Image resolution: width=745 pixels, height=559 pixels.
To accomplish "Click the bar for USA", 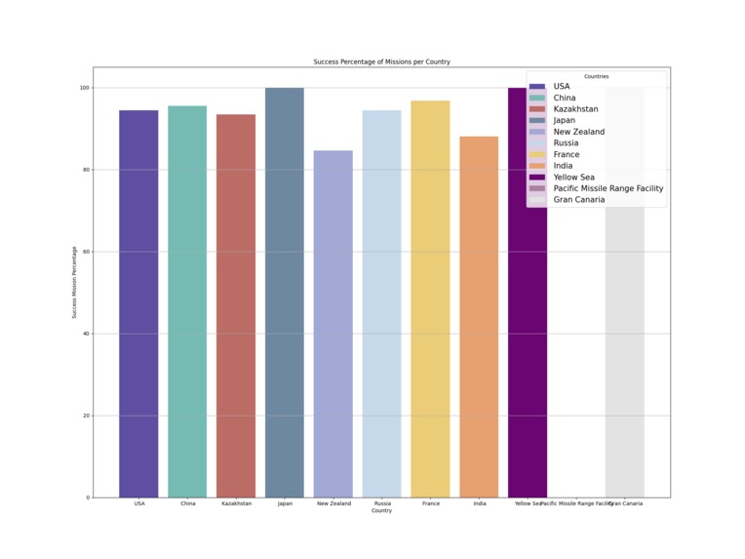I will [138, 303].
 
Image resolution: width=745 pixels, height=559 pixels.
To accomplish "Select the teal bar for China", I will [187, 301].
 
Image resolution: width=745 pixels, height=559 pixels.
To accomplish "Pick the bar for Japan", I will [285, 293].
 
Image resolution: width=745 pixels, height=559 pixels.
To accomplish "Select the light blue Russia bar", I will [382, 303].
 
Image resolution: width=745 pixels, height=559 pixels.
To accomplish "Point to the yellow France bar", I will [431, 299].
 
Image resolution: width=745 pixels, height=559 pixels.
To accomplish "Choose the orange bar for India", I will [479, 317].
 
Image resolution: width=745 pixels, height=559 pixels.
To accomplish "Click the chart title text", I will [381, 61].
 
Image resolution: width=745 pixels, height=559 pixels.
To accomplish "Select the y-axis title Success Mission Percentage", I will [74, 282].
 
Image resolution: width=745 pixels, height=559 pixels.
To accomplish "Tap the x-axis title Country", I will [381, 510].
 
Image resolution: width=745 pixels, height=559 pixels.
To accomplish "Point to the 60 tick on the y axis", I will [86, 252].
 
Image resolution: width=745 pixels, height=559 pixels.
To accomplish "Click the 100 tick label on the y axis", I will [84, 88].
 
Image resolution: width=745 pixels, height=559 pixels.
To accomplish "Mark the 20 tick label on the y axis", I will [86, 416].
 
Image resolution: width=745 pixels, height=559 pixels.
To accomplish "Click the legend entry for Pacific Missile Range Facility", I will [608, 188].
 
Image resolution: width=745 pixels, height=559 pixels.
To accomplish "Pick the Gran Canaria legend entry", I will [578, 200].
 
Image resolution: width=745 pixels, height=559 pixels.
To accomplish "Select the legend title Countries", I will [597, 76].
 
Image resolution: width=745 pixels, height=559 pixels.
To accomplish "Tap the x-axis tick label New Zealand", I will [333, 503].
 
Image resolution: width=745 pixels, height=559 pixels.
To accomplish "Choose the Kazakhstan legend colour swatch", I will [537, 109].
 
